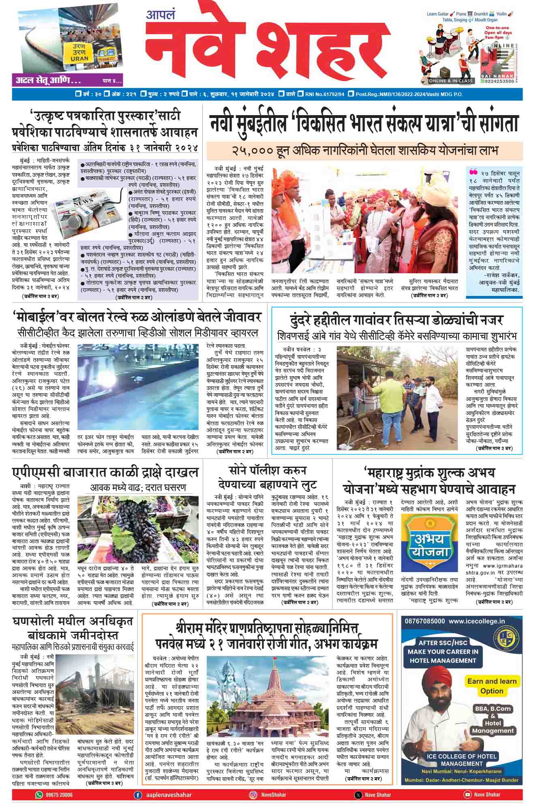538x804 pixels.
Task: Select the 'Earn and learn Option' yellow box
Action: (491, 686)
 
